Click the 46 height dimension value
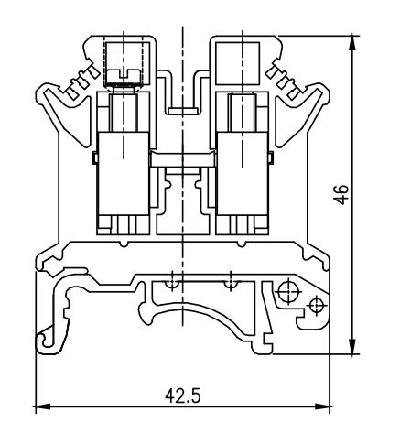pos(341,193)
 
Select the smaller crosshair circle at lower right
pos(318,305)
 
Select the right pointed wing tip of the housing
pos(327,92)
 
